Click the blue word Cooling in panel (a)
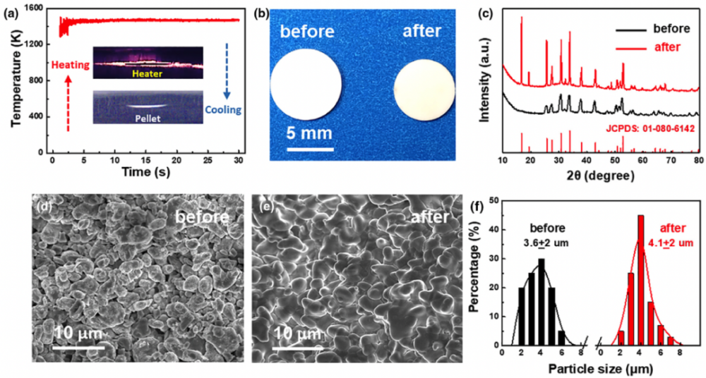pos(222,110)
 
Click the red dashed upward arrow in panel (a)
pos(68,103)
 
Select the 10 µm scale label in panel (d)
pos(77,331)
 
